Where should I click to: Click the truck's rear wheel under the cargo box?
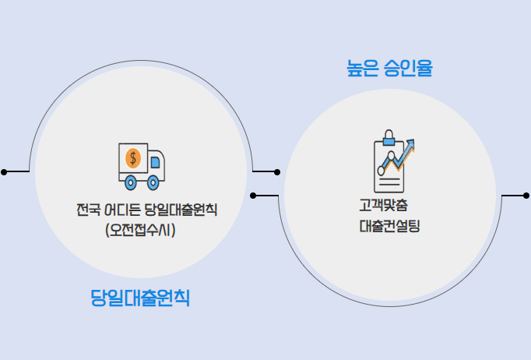(132, 184)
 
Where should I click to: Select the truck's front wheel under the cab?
(153, 184)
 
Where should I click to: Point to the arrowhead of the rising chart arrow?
(410, 144)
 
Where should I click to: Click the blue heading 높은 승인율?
(389, 69)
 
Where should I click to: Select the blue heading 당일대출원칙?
(140, 298)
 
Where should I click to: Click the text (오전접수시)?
(140, 230)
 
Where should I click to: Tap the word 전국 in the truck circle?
(87, 210)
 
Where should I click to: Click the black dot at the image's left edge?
(4, 171)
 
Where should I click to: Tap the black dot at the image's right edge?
(526, 195)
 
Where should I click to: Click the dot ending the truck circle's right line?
(278, 171)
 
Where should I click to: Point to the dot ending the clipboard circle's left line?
(252, 195)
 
